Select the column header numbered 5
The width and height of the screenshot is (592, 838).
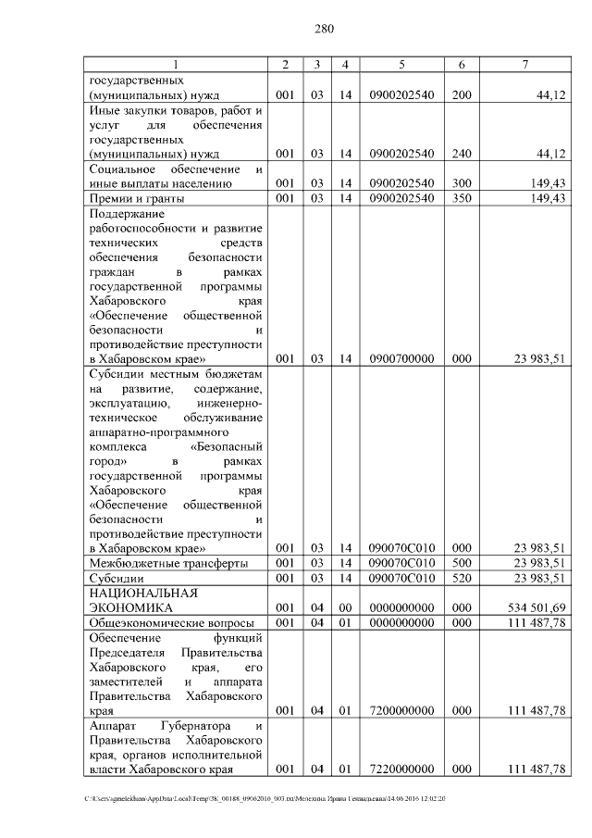(401, 64)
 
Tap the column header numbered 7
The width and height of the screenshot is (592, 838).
(524, 64)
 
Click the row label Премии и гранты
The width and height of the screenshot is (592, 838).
(136, 199)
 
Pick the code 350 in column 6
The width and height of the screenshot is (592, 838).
(462, 199)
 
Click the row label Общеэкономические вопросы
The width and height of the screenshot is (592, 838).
(163, 623)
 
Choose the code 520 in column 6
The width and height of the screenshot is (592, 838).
(462, 579)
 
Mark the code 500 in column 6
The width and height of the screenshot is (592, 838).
(462, 563)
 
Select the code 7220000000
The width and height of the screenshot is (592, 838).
(401, 769)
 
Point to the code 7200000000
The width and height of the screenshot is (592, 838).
(401, 710)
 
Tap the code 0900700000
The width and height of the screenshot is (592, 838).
(401, 358)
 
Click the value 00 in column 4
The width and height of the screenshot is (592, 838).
(344, 607)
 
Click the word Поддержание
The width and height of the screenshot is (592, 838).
(125, 214)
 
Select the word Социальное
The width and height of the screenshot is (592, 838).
(121, 169)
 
